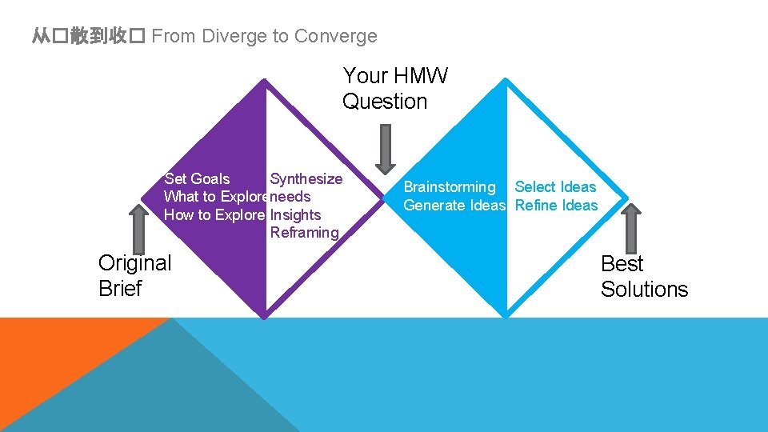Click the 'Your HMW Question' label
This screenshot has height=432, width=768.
tap(395, 89)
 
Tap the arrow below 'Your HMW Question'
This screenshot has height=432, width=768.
tap(386, 149)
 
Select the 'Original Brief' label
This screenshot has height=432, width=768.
tap(134, 275)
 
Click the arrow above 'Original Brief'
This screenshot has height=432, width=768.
tap(138, 227)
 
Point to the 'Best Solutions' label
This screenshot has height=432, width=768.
tap(644, 276)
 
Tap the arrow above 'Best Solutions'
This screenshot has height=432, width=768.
tap(632, 227)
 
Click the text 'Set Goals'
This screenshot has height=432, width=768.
tap(197, 179)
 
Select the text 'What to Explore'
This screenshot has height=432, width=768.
tap(215, 197)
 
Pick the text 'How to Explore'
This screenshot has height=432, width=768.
tap(214, 214)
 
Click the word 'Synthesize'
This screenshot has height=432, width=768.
tap(306, 179)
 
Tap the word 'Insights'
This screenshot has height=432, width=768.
tap(295, 214)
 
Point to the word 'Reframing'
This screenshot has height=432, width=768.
tap(305, 233)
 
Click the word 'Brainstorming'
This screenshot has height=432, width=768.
tap(450, 187)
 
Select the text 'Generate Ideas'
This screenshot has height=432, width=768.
tap(454, 206)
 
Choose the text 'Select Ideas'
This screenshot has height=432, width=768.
tap(555, 187)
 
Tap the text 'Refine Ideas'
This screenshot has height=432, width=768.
tap(556, 206)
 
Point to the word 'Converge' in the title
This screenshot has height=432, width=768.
tap(335, 36)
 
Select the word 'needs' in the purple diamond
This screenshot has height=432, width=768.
tap(290, 197)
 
